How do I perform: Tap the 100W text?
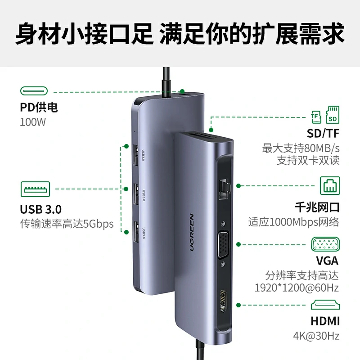pyautogui.click(x=33, y=122)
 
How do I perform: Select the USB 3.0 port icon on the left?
pyautogui.click(x=35, y=189)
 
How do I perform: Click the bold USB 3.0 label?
pyautogui.click(x=41, y=209)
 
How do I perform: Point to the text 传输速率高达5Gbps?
pyautogui.click(x=67, y=224)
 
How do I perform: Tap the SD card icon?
pyautogui.click(x=333, y=115)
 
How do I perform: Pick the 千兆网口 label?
pyautogui.click(x=317, y=207)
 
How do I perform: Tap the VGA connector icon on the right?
pyautogui.click(x=324, y=245)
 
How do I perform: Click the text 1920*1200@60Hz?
pyautogui.click(x=303, y=288)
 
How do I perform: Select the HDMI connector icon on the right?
pyautogui.click(x=325, y=306)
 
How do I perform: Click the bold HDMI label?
pyautogui.click(x=324, y=321)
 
